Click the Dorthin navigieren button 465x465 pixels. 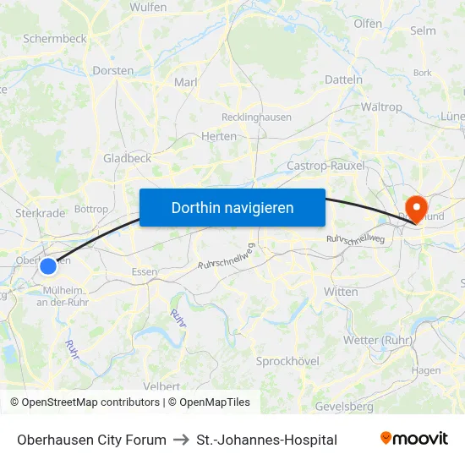(232, 207)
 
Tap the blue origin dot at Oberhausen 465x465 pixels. (48, 266)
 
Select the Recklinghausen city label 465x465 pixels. (256, 118)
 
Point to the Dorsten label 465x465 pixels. (112, 72)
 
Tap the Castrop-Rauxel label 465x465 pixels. (325, 166)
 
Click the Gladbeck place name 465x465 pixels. (127, 158)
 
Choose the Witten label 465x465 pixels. (340, 291)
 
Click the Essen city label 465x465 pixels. (145, 272)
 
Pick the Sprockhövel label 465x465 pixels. (287, 361)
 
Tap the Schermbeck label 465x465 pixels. (55, 39)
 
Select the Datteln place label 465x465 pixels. (343, 79)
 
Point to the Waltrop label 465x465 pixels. (381, 107)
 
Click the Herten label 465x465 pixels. (218, 135)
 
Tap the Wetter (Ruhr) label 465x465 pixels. (376, 340)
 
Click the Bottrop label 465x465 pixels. (91, 209)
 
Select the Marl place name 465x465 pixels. (185, 82)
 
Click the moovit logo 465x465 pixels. (414, 439)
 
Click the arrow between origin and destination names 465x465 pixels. (181, 440)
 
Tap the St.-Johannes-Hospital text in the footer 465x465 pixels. (266, 440)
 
